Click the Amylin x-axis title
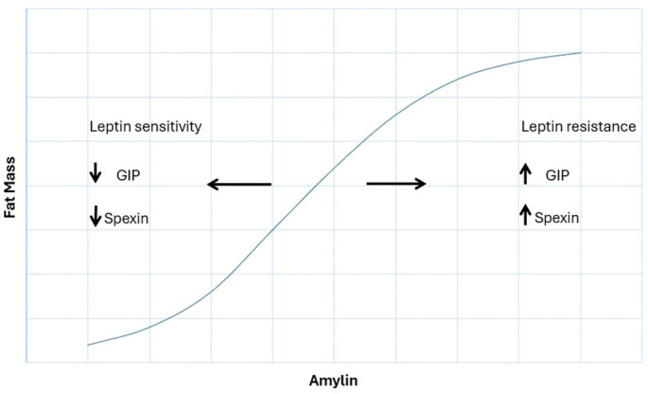coord(333,381)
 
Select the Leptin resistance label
coord(577,127)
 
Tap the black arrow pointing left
coord(239,184)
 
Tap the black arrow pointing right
coord(396,184)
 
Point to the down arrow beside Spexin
coord(95,216)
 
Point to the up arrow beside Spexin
coord(526,215)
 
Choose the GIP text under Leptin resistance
coord(558,175)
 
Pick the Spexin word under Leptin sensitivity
coord(127,219)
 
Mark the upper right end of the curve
coord(580,53)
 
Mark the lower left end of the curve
coord(88,345)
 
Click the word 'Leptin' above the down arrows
coord(110,127)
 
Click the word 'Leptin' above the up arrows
coord(541,127)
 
